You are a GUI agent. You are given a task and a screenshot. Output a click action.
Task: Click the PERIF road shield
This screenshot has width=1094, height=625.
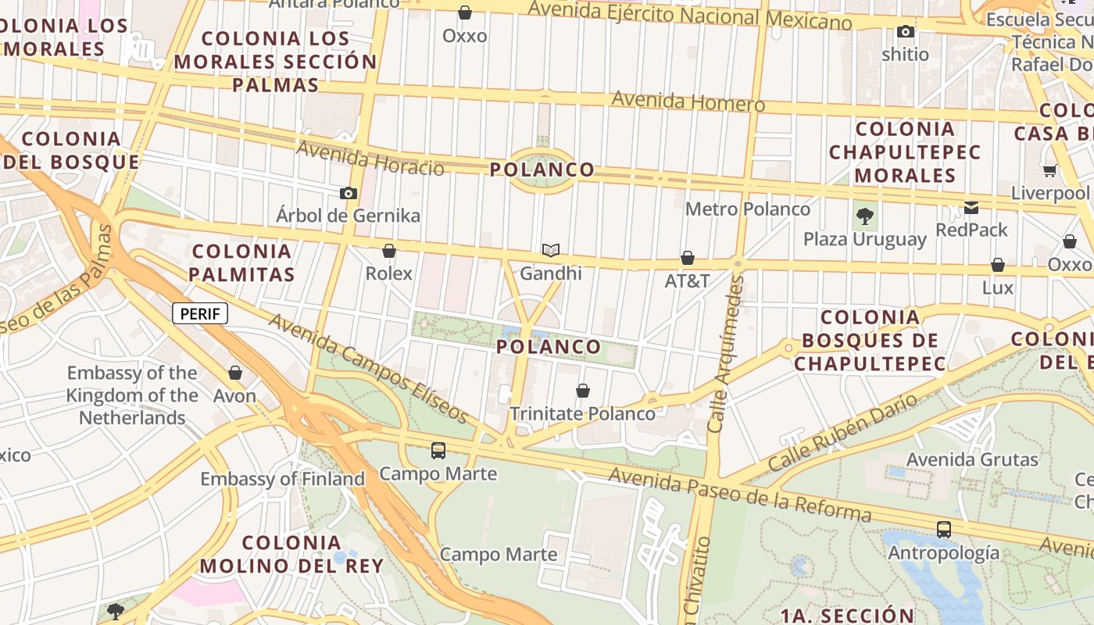point(200,314)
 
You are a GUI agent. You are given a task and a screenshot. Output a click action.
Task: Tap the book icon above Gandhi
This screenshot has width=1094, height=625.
point(551,250)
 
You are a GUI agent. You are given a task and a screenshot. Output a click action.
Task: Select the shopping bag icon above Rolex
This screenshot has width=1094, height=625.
point(388,251)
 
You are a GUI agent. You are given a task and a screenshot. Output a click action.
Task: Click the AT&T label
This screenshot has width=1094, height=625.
point(687,280)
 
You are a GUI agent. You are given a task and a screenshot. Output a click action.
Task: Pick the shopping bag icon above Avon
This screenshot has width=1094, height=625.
point(235,373)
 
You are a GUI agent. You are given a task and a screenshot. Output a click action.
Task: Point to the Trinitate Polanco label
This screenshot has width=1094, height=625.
point(582,413)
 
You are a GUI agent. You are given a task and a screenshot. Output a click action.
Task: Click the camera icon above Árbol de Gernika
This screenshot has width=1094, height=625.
point(349,193)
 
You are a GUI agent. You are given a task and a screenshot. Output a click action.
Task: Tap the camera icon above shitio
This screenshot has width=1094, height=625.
point(906,32)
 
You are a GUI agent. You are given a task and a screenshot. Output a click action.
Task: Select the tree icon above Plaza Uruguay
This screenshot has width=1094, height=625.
point(864,216)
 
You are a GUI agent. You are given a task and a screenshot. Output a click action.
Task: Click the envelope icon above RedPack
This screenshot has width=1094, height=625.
point(971,207)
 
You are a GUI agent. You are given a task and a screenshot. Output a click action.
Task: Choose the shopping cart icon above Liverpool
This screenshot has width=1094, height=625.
point(1049,170)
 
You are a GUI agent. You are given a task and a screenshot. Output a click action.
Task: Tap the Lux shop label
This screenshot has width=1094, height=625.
point(997,287)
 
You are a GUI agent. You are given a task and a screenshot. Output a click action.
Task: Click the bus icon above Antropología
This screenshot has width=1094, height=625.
point(944,530)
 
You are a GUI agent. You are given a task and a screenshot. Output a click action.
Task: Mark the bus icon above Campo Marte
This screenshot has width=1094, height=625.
point(438,451)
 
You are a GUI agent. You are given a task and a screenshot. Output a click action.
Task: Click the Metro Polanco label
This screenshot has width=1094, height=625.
point(748,209)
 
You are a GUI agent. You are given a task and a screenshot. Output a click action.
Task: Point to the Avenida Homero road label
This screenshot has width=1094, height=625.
point(688,102)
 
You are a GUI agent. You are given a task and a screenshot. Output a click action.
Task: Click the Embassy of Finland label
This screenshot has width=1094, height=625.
point(283,479)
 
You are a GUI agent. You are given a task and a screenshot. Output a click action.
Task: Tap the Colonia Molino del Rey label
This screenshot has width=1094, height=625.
point(291,554)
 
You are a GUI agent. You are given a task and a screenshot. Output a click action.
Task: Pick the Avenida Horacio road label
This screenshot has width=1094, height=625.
point(370,159)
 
